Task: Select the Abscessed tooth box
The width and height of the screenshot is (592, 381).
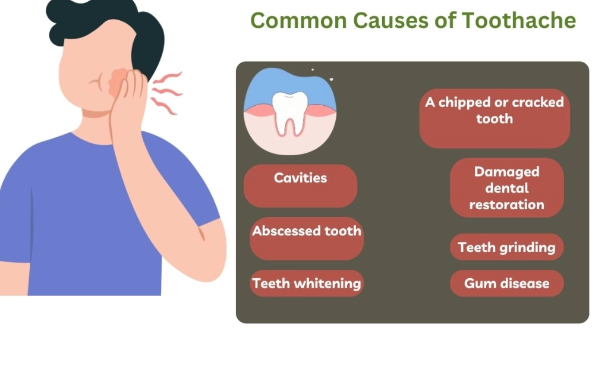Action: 306,238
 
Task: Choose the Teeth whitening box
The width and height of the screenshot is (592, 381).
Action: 306,283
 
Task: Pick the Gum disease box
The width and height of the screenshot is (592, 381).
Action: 506,283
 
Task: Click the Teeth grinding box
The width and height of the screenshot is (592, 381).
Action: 506,247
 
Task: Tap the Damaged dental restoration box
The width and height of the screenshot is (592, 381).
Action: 506,188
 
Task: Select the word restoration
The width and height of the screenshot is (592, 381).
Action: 506,204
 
